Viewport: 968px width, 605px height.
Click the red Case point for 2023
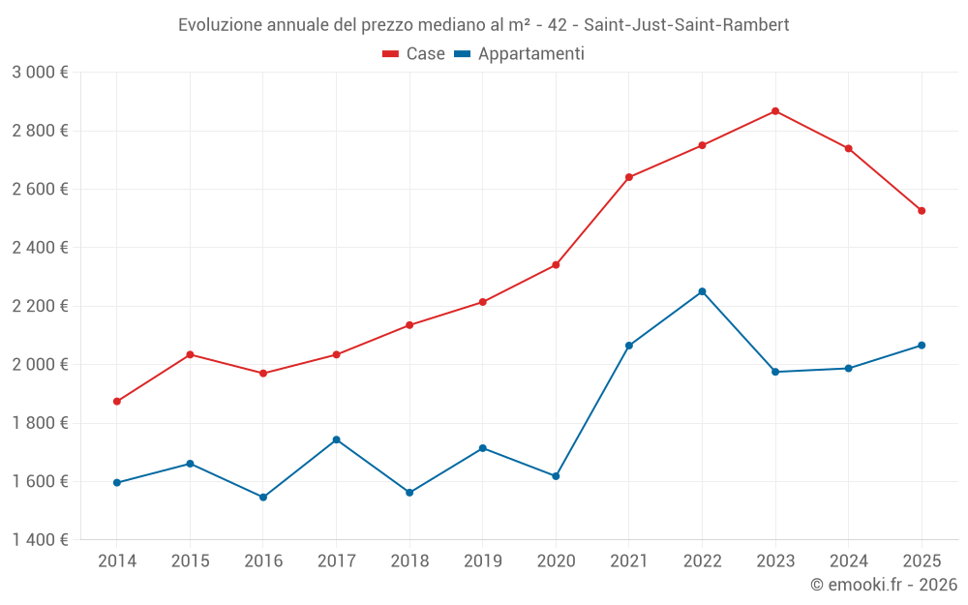pyautogui.click(x=775, y=111)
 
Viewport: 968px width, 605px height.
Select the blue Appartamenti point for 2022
pyautogui.click(x=702, y=291)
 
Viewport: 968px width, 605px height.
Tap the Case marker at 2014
pyautogui.click(x=117, y=402)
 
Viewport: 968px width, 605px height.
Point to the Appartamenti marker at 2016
pyautogui.click(x=263, y=498)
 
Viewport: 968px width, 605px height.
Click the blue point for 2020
pyautogui.click(x=556, y=476)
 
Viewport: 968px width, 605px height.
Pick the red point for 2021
pyautogui.click(x=629, y=177)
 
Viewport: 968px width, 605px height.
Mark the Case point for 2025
pyautogui.click(x=922, y=211)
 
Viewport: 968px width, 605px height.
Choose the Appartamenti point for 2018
pyautogui.click(x=409, y=493)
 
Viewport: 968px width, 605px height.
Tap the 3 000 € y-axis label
pyautogui.click(x=40, y=73)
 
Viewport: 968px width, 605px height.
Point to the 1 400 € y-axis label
pyautogui.click(x=40, y=540)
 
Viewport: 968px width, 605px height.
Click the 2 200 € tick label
pyautogui.click(x=40, y=306)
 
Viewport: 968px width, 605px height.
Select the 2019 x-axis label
pyautogui.click(x=482, y=560)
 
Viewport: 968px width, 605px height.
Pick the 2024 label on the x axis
pyautogui.click(x=848, y=560)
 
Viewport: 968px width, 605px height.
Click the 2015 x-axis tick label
pyautogui.click(x=190, y=560)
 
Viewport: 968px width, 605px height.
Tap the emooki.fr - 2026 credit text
pyautogui.click(x=883, y=585)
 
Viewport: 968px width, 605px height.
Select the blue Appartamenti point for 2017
pyautogui.click(x=336, y=439)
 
